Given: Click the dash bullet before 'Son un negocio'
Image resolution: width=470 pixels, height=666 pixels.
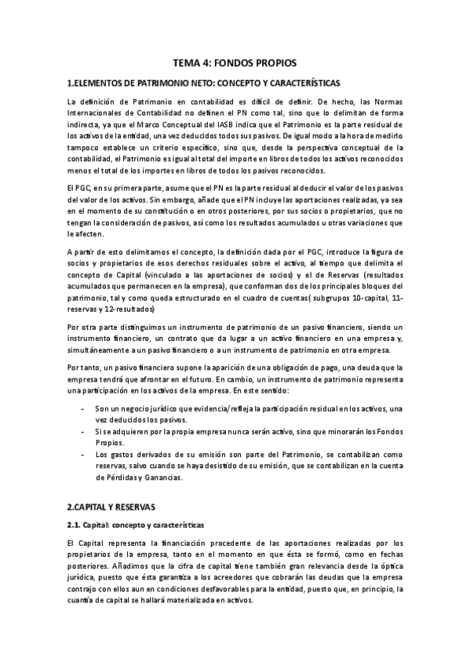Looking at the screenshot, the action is point(83,410).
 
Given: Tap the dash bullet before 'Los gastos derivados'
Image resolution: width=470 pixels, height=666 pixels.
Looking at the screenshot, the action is point(83,454).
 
